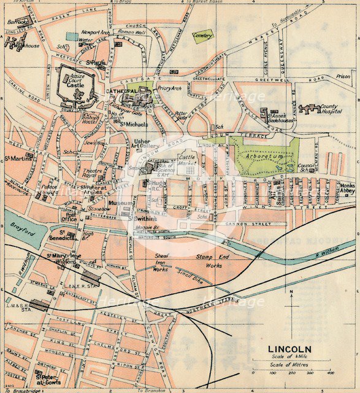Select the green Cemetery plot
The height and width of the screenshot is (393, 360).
point(203,36)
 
